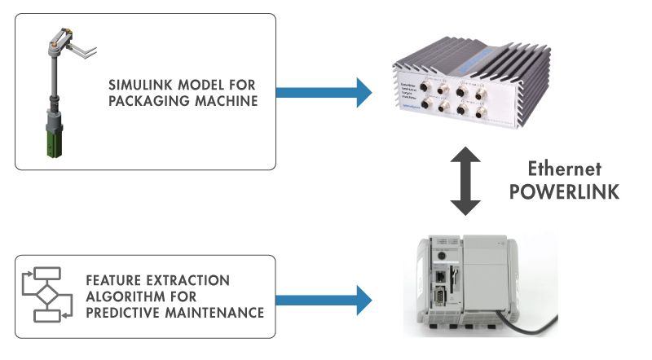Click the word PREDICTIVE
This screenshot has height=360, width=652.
[123, 313]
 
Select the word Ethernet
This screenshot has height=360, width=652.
[562, 169]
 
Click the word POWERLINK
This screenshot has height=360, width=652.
[562, 191]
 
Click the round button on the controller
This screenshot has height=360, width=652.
[441, 255]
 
